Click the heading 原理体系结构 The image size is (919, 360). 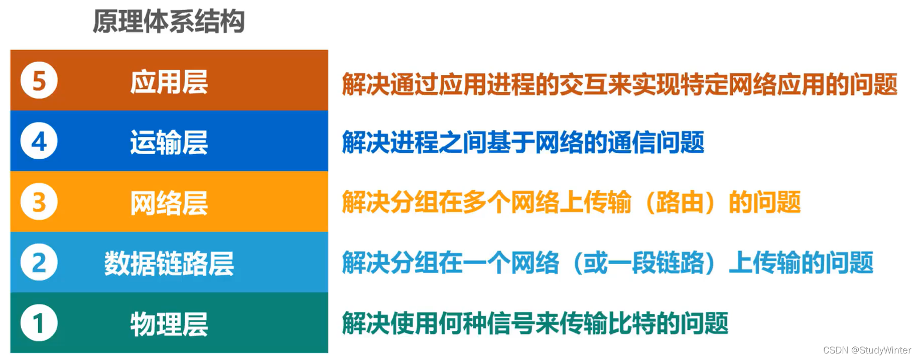[169, 22]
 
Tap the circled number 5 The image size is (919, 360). [39, 80]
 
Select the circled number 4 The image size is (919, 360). [39, 141]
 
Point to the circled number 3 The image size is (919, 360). [39, 202]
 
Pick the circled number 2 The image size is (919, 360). [39, 263]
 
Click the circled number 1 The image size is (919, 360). [39, 323]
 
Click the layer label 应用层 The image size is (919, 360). [169, 82]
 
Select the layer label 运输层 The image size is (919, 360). [169, 142]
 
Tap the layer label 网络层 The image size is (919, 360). [169, 203]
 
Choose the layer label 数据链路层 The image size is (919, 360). [169, 263]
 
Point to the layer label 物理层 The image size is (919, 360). [169, 324]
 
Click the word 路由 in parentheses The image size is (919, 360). [680, 202]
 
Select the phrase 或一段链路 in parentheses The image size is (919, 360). [644, 263]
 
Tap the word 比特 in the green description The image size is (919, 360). [632, 323]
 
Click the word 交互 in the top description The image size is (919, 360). [583, 84]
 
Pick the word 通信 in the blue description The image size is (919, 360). [632, 142]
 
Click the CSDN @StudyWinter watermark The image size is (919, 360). [867, 350]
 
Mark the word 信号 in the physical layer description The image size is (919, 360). [511, 323]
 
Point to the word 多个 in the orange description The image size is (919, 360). [487, 202]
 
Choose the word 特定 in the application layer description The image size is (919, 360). [704, 84]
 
